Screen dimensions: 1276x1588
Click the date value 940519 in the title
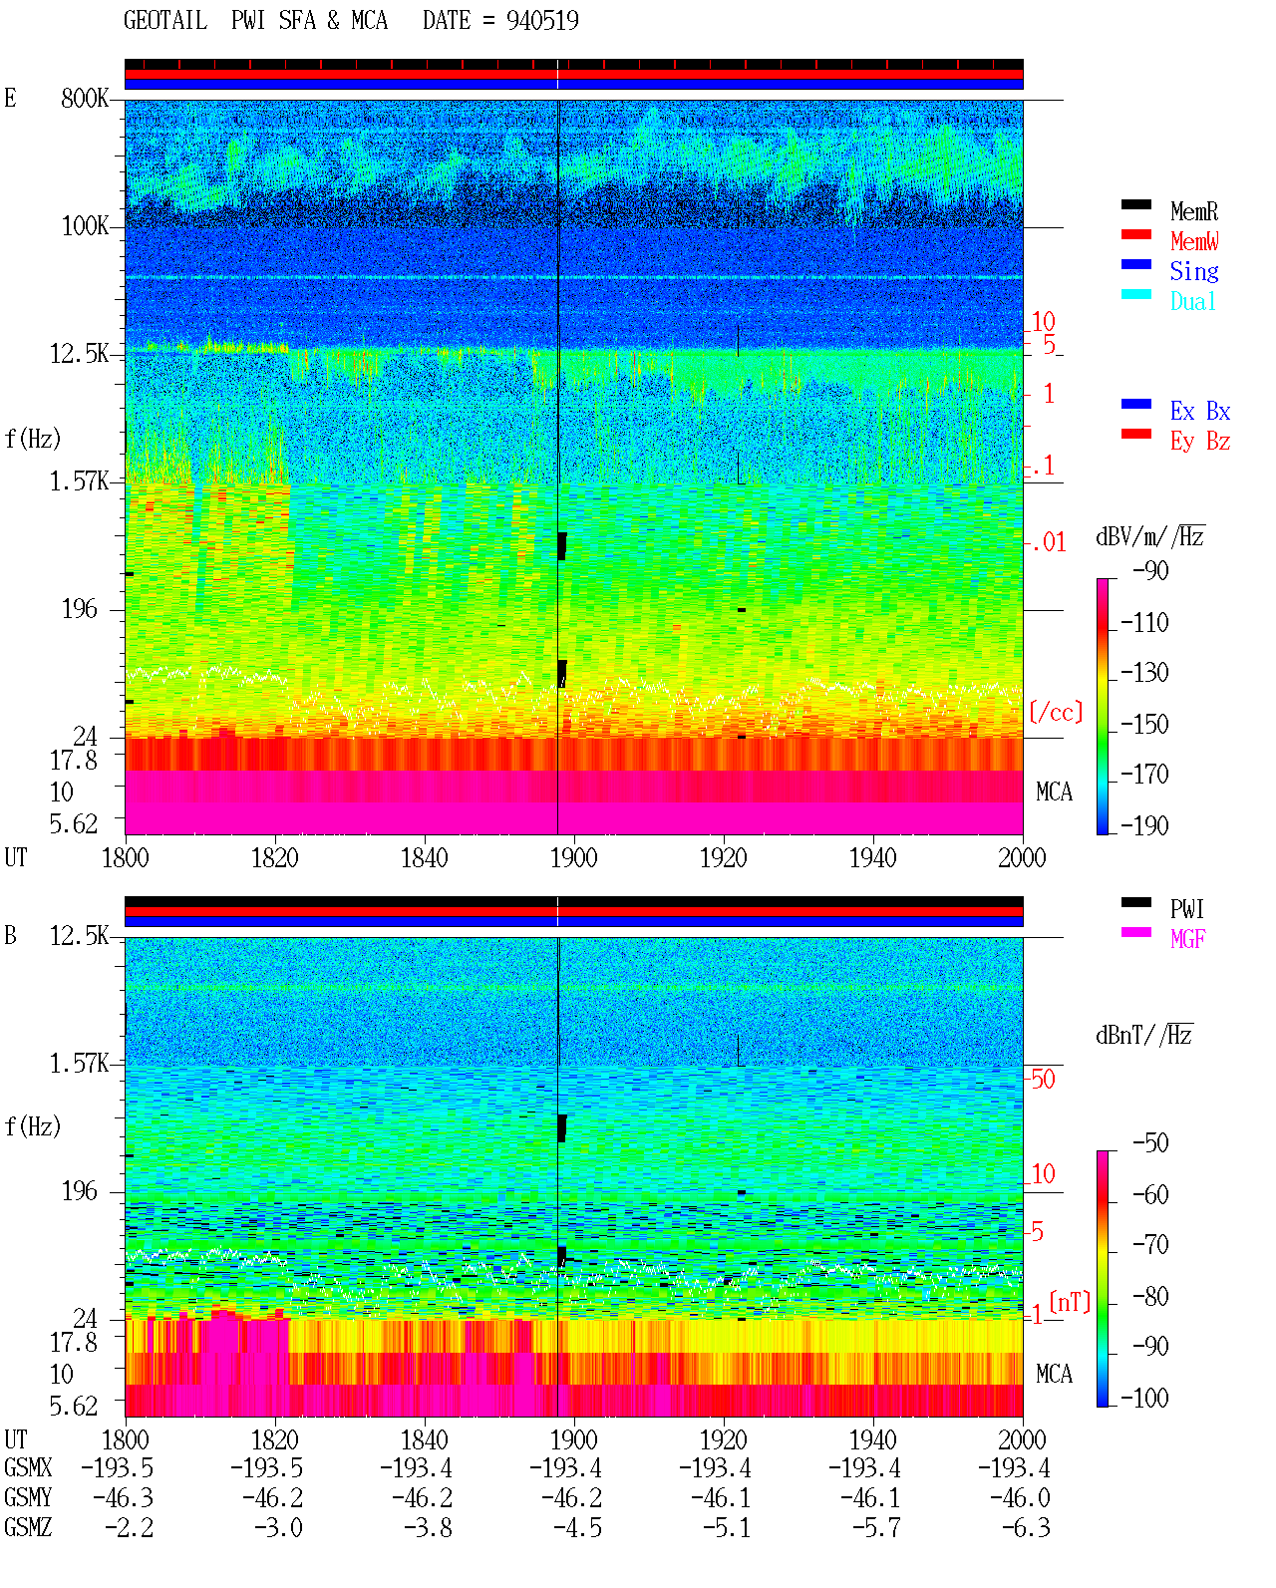click(x=542, y=21)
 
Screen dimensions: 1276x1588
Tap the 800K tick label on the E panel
click(x=85, y=98)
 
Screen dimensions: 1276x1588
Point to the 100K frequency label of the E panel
click(x=85, y=226)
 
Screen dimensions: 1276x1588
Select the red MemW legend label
click(x=1194, y=241)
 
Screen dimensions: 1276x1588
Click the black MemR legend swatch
click(x=1135, y=204)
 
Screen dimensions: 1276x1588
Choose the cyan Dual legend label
click(x=1193, y=301)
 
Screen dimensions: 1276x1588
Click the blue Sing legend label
click(x=1194, y=271)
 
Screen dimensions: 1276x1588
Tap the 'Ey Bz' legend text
click(x=1200, y=441)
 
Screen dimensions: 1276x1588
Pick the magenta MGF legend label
click(x=1187, y=939)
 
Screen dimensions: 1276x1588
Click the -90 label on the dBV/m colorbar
click(x=1150, y=570)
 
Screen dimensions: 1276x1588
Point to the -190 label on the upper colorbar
click(x=1144, y=825)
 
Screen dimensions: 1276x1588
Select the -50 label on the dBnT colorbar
click(x=1150, y=1142)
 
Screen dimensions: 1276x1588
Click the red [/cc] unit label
click(x=1056, y=712)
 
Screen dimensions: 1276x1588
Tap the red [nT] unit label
click(x=1070, y=1302)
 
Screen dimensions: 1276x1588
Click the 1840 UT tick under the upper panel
click(x=425, y=857)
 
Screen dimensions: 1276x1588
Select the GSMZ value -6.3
click(x=1025, y=1527)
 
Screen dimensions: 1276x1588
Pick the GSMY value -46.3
click(x=123, y=1497)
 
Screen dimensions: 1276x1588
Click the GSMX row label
click(x=28, y=1467)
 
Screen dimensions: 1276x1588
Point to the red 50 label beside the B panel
click(x=1043, y=1079)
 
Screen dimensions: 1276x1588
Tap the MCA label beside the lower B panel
click(x=1054, y=1374)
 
